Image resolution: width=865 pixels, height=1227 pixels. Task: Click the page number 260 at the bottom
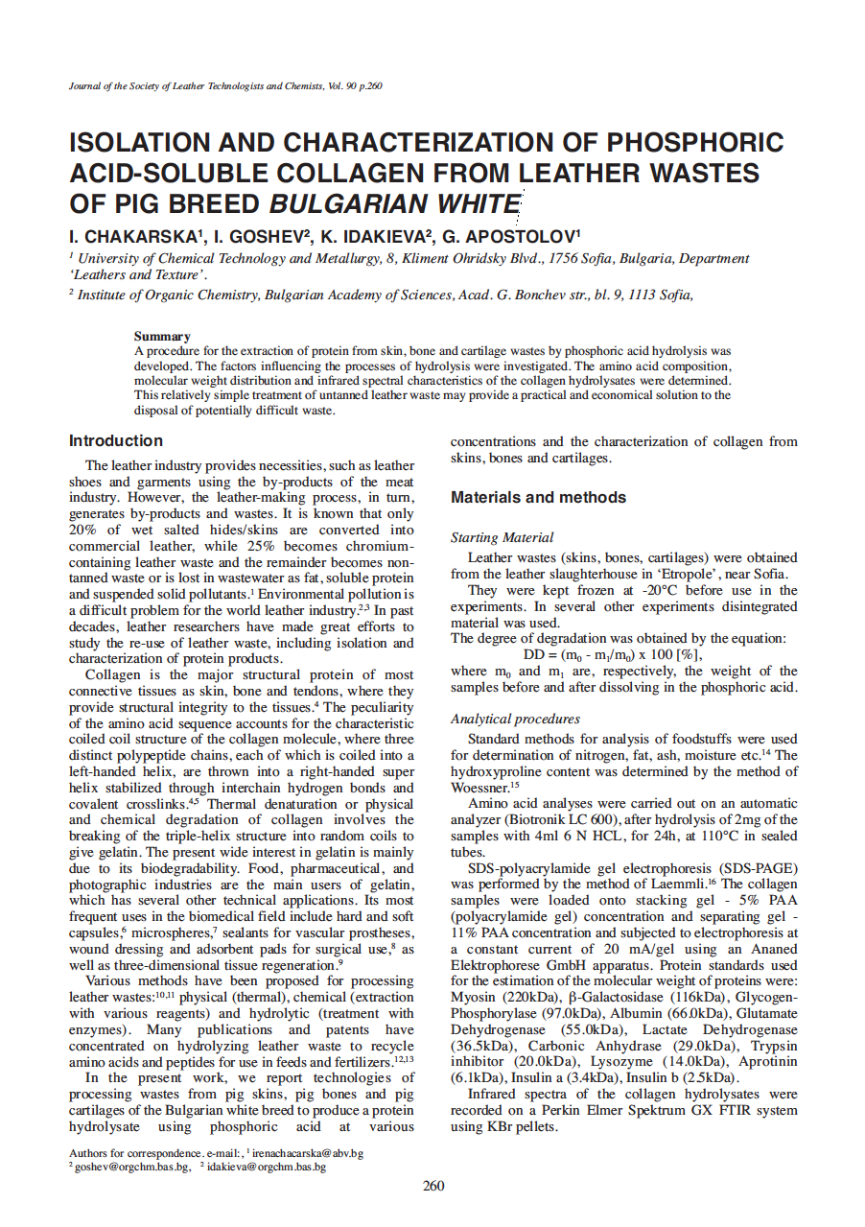(433, 1186)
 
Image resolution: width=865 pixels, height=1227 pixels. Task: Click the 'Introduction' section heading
(115, 441)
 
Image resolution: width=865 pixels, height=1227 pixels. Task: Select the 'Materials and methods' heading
(538, 498)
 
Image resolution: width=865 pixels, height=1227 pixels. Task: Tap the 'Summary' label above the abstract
(162, 337)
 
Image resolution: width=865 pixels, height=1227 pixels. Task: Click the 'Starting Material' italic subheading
(502, 538)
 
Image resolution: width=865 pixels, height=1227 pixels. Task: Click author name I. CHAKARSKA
(133, 236)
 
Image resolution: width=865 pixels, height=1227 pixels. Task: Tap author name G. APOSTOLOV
(509, 236)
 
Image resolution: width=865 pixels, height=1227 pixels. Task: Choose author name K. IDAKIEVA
(375, 236)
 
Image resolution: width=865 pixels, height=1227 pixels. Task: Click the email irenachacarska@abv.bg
(307, 1153)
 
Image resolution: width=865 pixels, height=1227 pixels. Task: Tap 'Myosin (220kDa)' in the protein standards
(505, 998)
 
